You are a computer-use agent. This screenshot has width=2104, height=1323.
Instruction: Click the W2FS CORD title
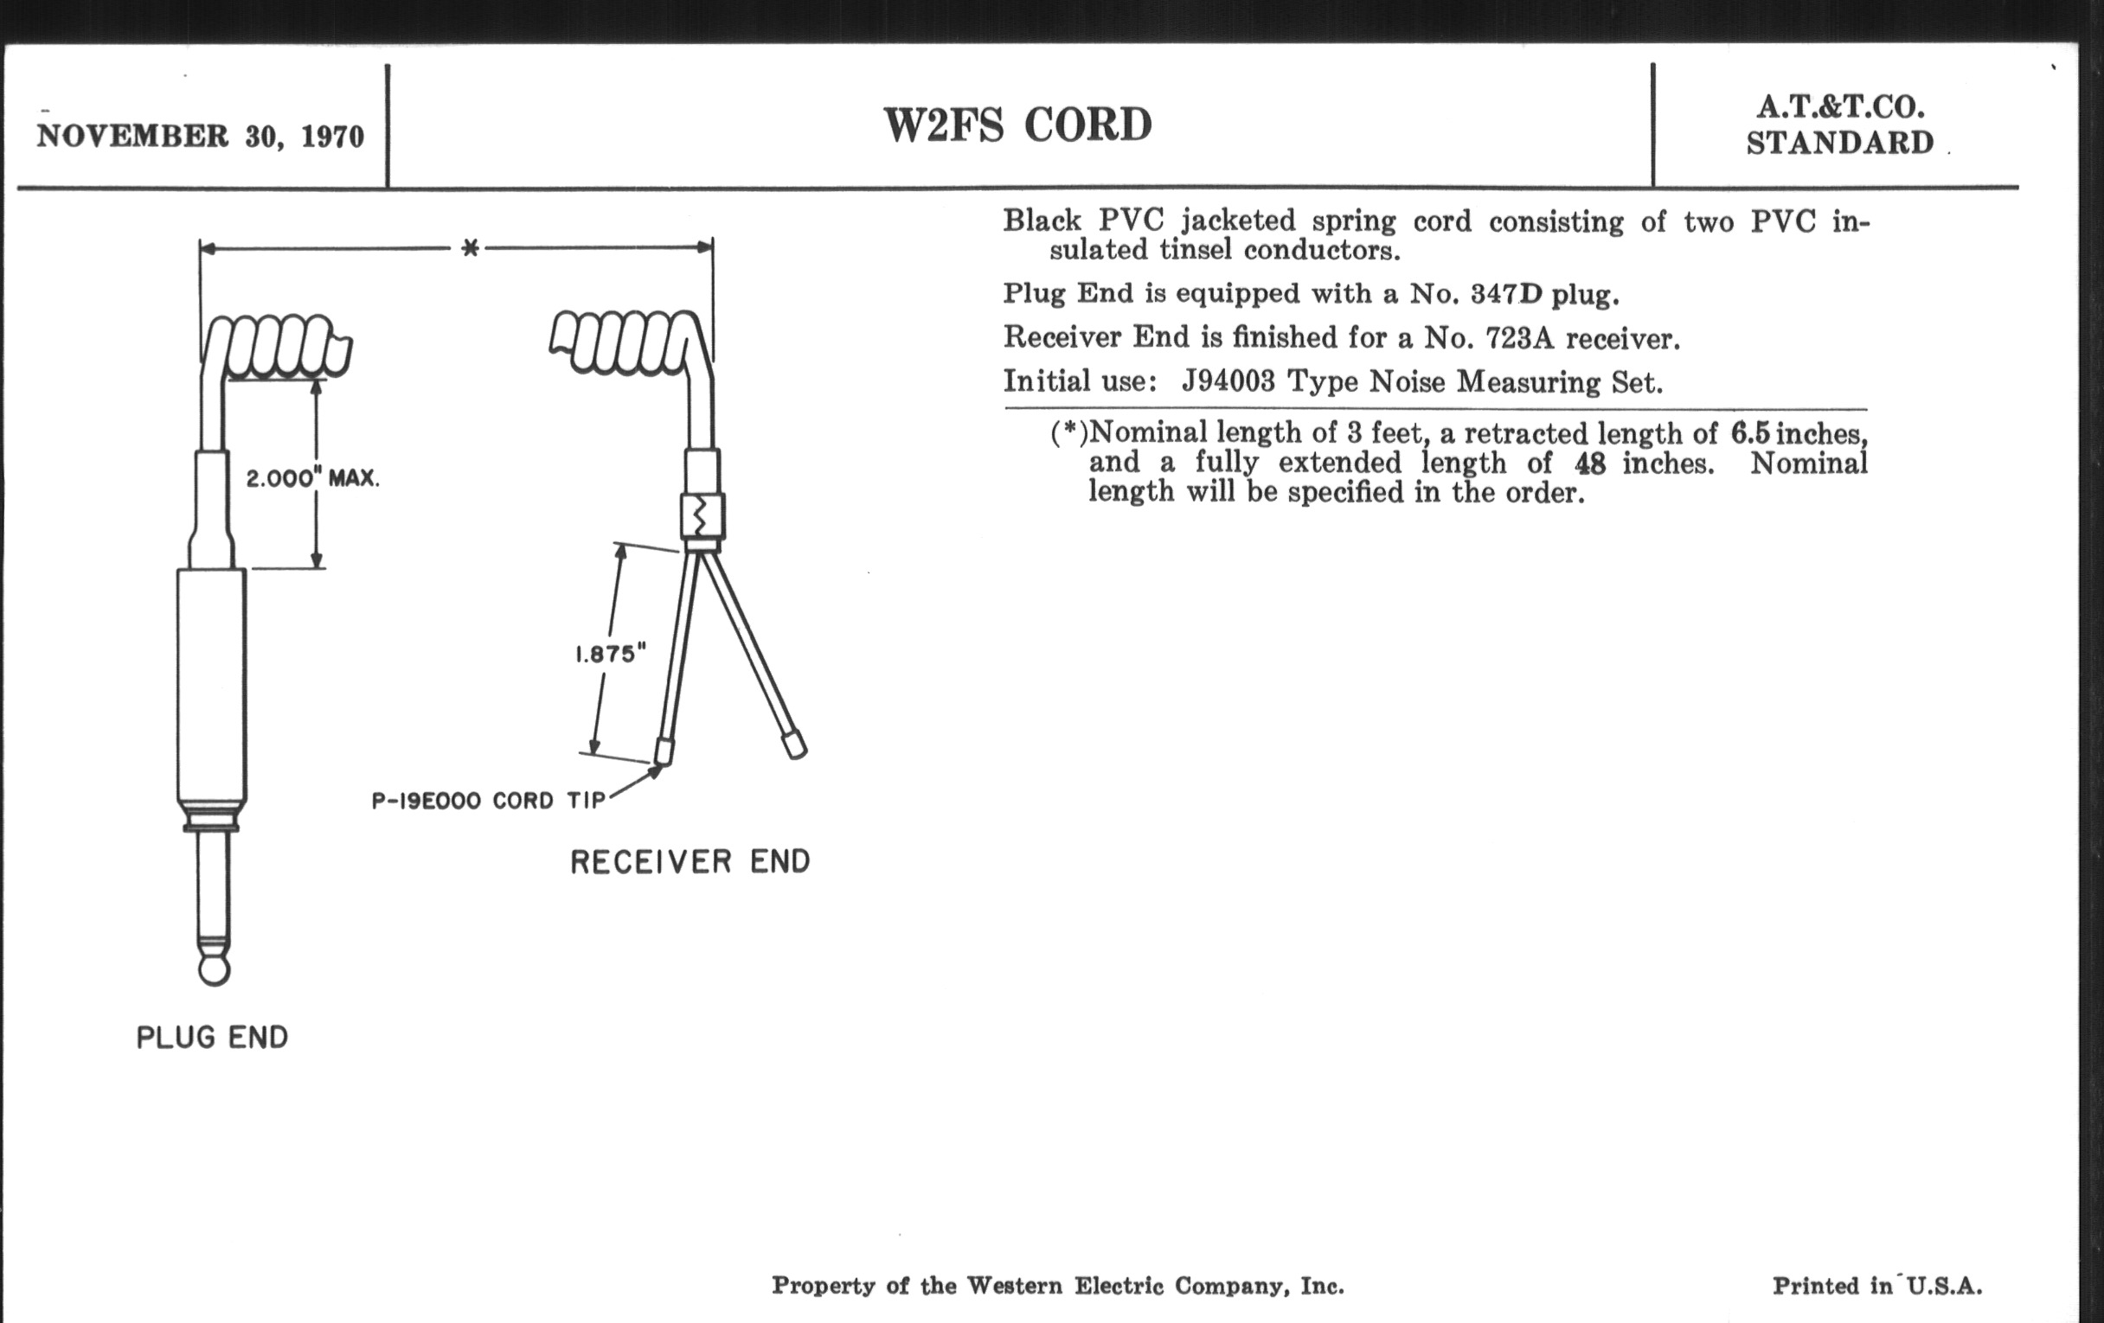[1018, 125]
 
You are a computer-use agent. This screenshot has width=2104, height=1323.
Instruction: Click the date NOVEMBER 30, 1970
[200, 137]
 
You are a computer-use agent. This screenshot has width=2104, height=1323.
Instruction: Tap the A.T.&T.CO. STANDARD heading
[1840, 125]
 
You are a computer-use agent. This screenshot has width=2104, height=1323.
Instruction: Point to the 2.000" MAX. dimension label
[313, 478]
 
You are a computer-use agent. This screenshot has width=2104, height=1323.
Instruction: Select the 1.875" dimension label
[610, 653]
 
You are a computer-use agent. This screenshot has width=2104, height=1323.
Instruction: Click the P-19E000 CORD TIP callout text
[489, 801]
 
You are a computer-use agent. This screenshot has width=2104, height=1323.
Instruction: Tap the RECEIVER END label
[690, 862]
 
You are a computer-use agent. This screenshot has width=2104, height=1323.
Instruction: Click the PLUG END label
[212, 1038]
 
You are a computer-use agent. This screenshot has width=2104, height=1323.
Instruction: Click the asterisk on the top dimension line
[470, 248]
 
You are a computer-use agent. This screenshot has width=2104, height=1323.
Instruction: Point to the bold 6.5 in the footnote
[1750, 433]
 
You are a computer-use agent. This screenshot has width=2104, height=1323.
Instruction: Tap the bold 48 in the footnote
[1589, 463]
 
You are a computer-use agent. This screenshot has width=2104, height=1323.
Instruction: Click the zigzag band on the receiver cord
[702, 517]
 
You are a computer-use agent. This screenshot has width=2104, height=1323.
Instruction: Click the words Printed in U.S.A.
[1876, 1286]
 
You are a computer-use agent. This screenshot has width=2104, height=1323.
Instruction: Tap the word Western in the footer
[1016, 1286]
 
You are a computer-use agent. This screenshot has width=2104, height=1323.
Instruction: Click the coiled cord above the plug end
[278, 347]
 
